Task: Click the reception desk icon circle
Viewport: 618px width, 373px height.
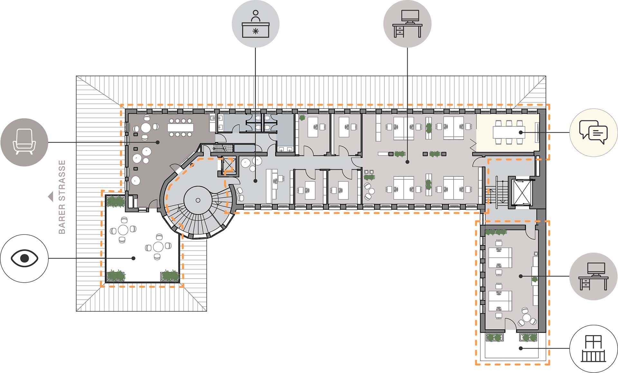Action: tap(256, 24)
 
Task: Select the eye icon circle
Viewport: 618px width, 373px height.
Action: tap(24, 258)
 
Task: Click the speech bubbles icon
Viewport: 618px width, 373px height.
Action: tap(594, 132)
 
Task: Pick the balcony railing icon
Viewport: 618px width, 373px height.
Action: tap(594, 349)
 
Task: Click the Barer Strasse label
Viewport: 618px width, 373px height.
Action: tap(62, 197)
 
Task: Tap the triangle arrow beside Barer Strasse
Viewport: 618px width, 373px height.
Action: tap(51, 197)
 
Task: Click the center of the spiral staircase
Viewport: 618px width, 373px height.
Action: tap(198, 200)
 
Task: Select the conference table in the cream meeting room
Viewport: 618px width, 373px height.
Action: tap(509, 132)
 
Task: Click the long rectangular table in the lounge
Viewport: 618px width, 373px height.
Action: tap(180, 128)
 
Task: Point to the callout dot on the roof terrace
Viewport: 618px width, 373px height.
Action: tap(134, 258)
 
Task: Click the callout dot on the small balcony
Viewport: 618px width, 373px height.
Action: tap(521, 348)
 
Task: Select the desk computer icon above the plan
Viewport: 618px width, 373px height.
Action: tap(407, 24)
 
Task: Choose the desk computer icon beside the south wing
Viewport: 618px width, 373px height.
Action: tap(594, 276)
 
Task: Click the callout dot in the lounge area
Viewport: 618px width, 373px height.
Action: tap(157, 142)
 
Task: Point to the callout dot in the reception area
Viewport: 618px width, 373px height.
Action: tap(255, 181)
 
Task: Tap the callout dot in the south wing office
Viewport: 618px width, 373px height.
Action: tap(521, 276)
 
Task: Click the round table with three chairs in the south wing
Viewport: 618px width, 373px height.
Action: tap(527, 318)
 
